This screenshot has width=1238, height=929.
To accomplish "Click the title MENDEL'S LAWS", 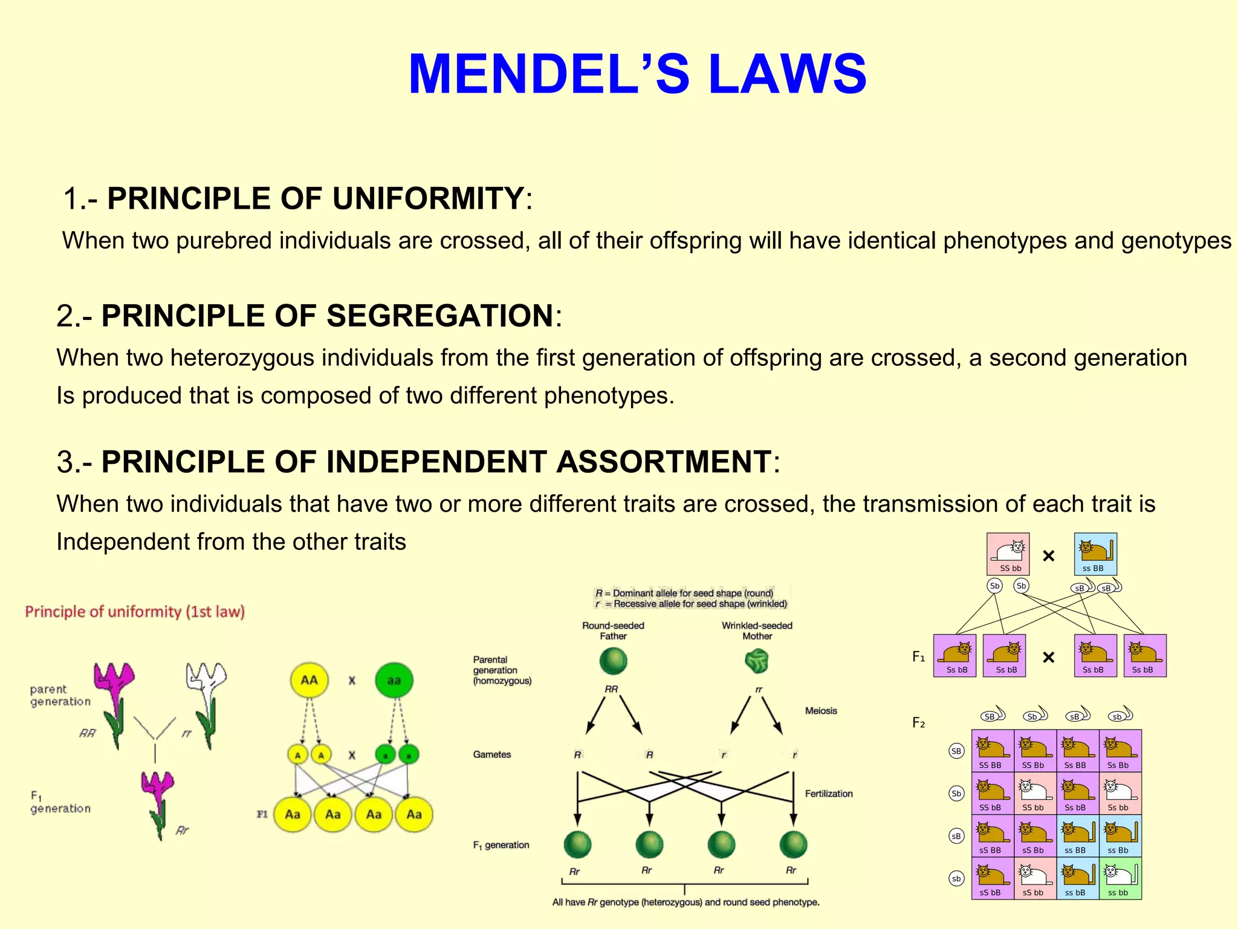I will click(637, 74).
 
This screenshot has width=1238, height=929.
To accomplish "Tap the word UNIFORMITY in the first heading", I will click(428, 198).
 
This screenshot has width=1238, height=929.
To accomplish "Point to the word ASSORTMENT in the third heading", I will click(663, 462).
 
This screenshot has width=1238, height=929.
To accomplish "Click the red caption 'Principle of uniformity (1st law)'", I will click(135, 612).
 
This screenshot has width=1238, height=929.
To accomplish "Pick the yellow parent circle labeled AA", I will click(309, 680).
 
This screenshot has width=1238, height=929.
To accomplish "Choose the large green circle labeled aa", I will click(394, 680).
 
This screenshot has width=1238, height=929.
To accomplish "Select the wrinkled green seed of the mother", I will click(756, 660).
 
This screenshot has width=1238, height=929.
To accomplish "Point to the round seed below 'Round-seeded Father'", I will click(613, 661).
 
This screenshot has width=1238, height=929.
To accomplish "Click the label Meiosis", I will click(821, 711).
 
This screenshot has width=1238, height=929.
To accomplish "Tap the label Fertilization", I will click(829, 794).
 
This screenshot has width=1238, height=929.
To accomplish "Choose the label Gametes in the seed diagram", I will click(492, 754).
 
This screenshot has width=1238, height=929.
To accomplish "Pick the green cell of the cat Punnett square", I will click(1120, 878).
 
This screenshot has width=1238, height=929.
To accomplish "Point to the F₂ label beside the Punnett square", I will click(918, 723).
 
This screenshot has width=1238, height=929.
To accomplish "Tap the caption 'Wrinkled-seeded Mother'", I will click(757, 631).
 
